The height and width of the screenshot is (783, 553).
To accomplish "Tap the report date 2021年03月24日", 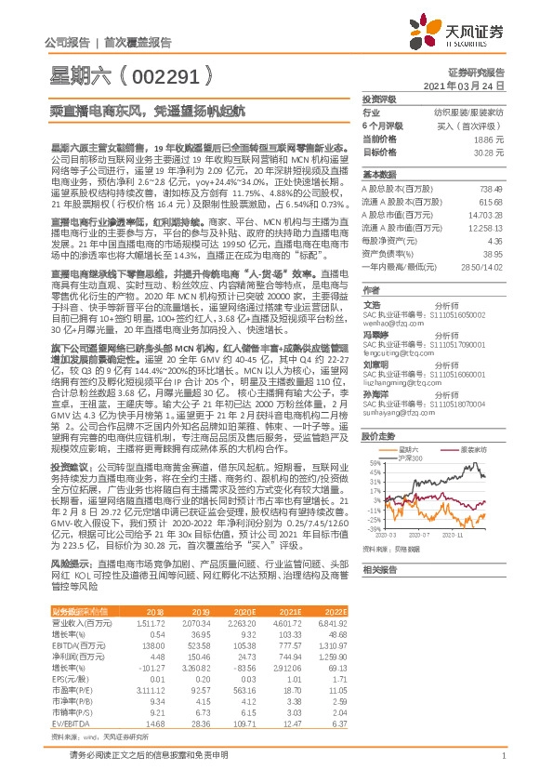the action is (469, 85).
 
